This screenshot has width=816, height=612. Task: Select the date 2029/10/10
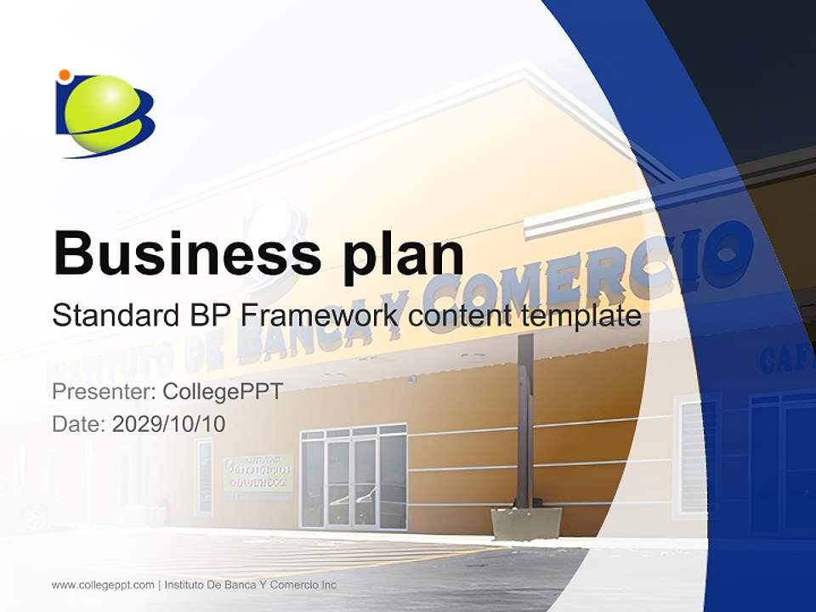(x=169, y=423)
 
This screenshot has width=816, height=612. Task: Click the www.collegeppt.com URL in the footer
(x=103, y=585)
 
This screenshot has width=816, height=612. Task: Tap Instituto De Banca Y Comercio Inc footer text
(x=250, y=585)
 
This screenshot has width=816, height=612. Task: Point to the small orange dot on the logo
(x=64, y=76)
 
